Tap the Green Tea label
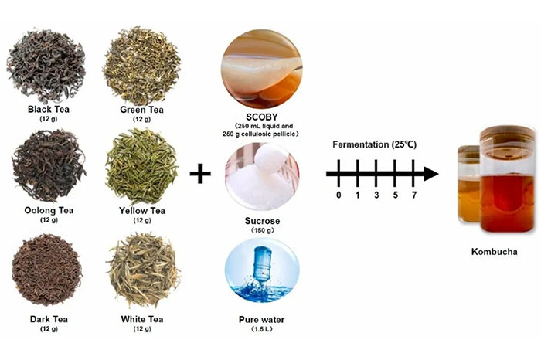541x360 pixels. [x=141, y=110]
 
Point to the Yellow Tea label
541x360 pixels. [x=142, y=211]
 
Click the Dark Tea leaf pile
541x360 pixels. [x=47, y=270]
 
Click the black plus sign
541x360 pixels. [x=200, y=173]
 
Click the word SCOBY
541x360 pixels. [x=261, y=117]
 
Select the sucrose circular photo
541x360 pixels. [x=262, y=177]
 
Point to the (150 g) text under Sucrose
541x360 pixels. [x=262, y=230]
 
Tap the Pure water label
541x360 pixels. [x=261, y=320]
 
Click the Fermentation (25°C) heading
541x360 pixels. [x=374, y=144]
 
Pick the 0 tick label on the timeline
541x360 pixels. [x=339, y=195]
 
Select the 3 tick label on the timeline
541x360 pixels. [x=376, y=195]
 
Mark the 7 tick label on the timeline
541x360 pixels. [x=414, y=195]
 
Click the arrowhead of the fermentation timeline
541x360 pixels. [x=431, y=174]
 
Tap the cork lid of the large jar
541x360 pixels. [x=507, y=133]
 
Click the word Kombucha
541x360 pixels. [x=495, y=252]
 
